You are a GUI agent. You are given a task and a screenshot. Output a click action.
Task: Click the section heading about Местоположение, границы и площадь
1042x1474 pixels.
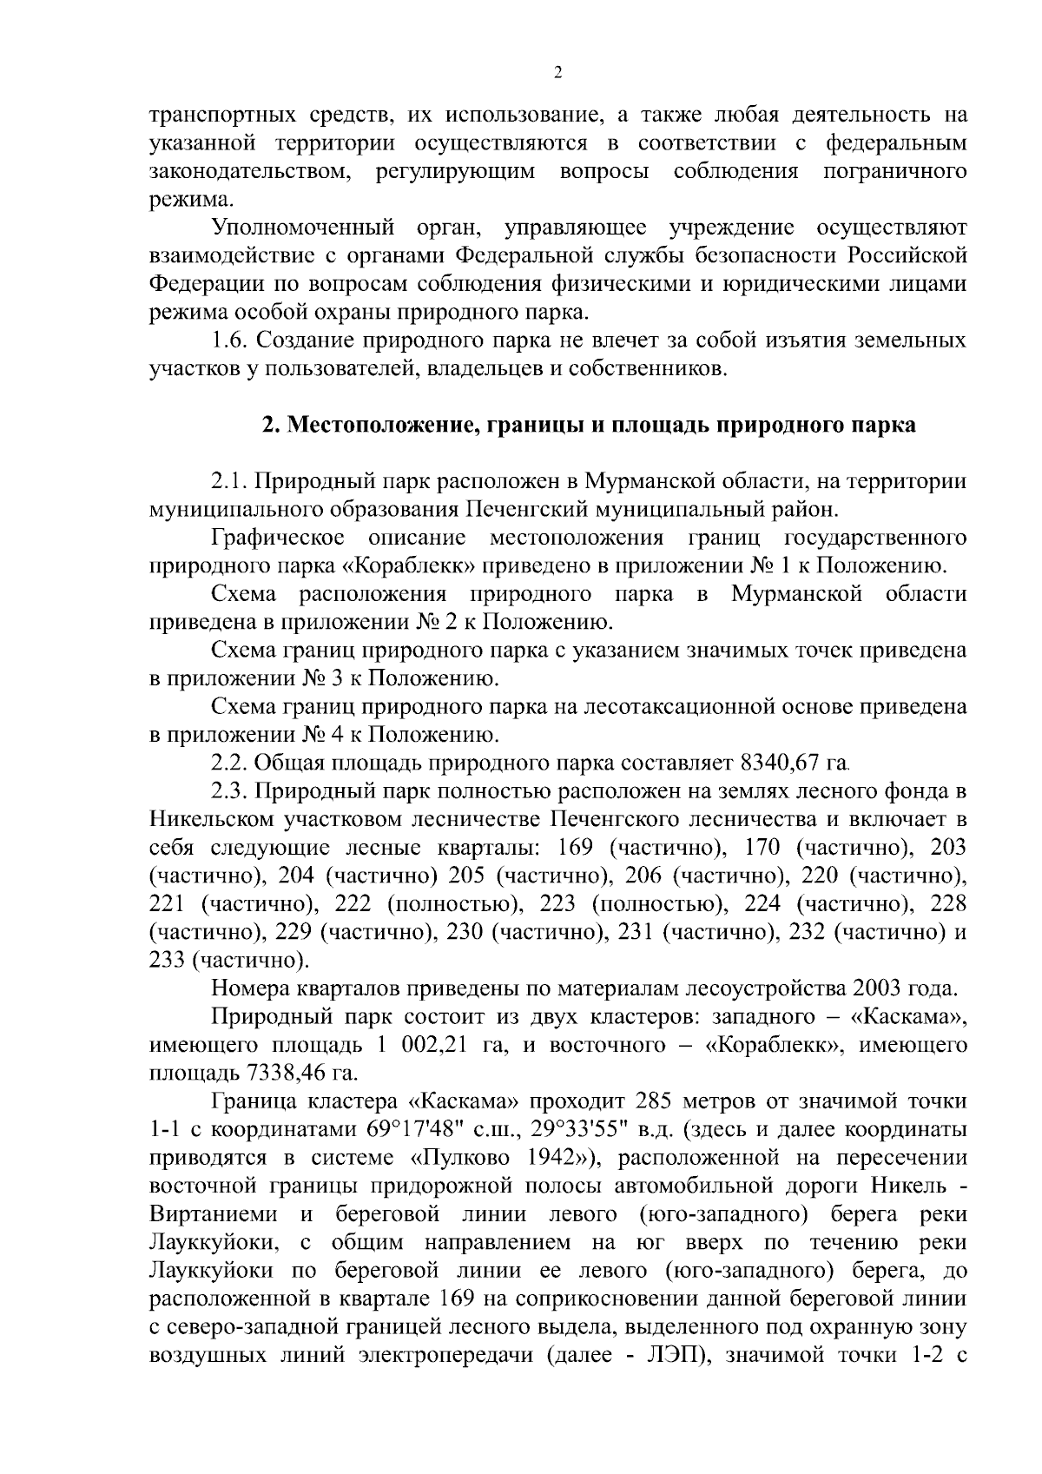(589, 426)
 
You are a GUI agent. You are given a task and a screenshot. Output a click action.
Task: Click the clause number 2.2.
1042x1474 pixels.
(229, 763)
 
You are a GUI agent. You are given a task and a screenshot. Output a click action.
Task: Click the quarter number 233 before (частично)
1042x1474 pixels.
(168, 961)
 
